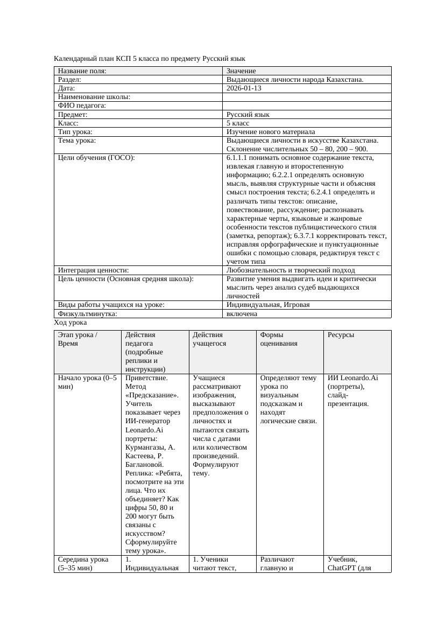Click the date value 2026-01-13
pos(244,88)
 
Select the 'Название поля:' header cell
pos(82,71)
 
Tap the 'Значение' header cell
pos(241,71)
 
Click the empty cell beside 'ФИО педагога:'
pos(307,106)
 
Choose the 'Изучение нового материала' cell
pos(271,132)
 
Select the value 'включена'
pos(242,313)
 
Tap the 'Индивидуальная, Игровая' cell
pos(268,305)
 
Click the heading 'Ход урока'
pos(70,323)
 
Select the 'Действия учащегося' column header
pos(209,339)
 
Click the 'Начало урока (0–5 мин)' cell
pos(87,382)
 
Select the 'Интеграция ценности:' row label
pos(93,270)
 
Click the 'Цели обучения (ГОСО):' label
pos(96,158)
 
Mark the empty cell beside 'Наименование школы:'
pos(307,97)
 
